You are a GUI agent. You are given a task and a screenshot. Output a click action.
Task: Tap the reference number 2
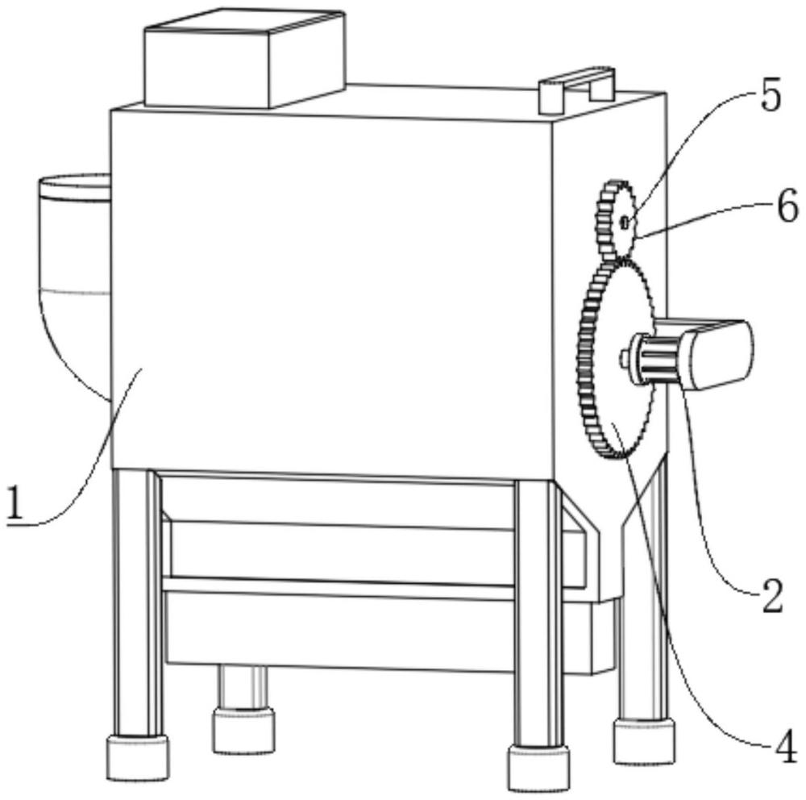click(772, 595)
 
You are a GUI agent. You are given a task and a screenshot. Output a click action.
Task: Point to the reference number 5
click(770, 95)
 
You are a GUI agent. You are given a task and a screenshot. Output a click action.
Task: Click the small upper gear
click(617, 220)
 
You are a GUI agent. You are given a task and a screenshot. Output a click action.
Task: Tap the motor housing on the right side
click(718, 355)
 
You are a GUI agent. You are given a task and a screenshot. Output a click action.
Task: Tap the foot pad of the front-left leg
click(138, 757)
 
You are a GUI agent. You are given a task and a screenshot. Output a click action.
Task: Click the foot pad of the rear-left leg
click(243, 731)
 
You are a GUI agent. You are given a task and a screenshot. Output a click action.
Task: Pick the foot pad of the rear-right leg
click(643, 741)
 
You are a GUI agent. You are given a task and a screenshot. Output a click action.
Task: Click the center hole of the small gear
click(625, 223)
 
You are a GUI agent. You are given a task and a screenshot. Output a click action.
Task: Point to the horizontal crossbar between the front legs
click(339, 588)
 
